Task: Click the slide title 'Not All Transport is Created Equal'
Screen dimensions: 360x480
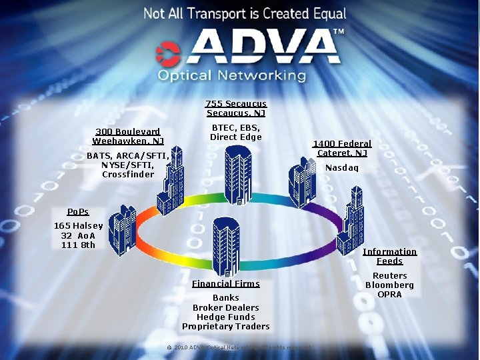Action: pyautogui.click(x=245, y=13)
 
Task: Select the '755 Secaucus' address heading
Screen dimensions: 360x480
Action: pyautogui.click(x=236, y=103)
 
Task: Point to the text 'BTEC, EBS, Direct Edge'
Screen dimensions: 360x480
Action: pyautogui.click(x=236, y=132)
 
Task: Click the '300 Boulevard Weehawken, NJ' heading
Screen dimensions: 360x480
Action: pyautogui.click(x=128, y=136)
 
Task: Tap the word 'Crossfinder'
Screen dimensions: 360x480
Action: pyautogui.click(x=128, y=175)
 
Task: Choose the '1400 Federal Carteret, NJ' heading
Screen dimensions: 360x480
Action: pyautogui.click(x=342, y=148)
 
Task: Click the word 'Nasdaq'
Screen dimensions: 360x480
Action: pyautogui.click(x=341, y=168)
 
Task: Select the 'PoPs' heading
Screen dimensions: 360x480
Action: pyautogui.click(x=78, y=211)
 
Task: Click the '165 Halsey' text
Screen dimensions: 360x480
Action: pyautogui.click(x=79, y=226)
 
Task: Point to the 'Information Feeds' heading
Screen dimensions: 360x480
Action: pyautogui.click(x=389, y=256)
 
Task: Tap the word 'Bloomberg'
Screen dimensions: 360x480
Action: pyautogui.click(x=389, y=285)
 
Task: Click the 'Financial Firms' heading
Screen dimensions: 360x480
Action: pyautogui.click(x=226, y=283)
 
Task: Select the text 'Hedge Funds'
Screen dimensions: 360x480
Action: pyautogui.click(x=226, y=317)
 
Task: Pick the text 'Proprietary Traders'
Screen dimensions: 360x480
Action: pyautogui.click(x=226, y=326)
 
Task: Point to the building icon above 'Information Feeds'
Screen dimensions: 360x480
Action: pyautogui.click(x=350, y=220)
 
